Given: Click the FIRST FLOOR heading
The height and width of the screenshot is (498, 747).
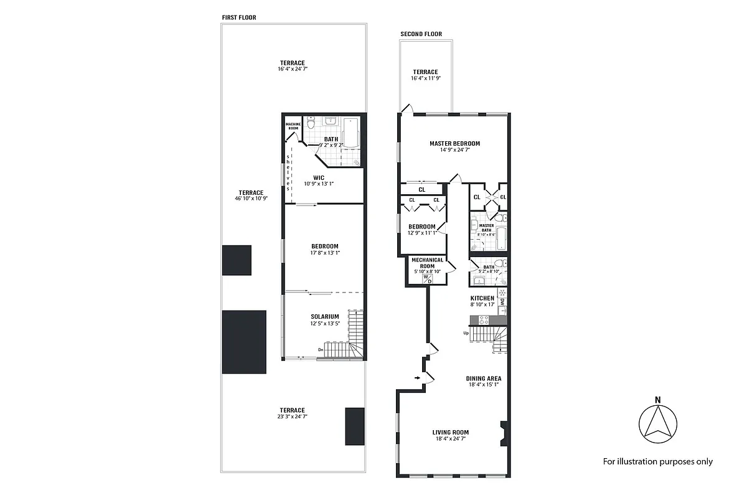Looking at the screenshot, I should pos(239,17).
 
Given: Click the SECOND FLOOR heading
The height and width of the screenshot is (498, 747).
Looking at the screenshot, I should pos(421,34).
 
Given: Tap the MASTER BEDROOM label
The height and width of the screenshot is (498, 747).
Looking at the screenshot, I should pos(454,143).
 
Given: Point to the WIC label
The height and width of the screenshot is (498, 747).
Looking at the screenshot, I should pos(319,177).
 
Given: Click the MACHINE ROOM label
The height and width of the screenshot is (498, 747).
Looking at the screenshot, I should pos(293,126).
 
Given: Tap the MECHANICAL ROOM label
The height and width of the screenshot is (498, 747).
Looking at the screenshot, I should pos(427,263).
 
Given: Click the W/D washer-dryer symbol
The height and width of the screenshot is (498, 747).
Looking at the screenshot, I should pos(427,280).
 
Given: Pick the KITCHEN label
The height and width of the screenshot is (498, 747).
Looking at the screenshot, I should pos(482,298).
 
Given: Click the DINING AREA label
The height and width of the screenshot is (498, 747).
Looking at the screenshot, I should pos(484,378).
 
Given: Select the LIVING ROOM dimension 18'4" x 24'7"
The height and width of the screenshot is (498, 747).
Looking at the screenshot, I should pos(450,439).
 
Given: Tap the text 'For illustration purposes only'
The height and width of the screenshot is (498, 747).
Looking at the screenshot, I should pos(657,461).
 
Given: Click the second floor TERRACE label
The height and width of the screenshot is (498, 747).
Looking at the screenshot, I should pos(425,72).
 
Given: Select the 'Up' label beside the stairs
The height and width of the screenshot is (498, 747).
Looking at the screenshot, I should pos(466,333).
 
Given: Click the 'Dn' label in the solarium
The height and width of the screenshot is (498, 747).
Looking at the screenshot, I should pos(321,350).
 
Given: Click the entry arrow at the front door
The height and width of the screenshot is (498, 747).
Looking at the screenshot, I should pos(416,377).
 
